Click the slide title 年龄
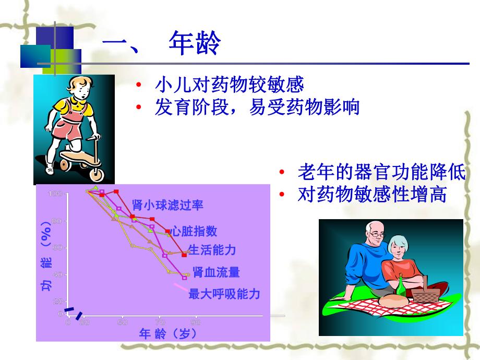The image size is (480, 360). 194,43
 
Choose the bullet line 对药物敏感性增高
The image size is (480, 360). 372,195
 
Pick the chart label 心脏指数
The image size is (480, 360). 194,231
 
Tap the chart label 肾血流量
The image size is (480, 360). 216,272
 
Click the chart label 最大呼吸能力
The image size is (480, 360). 224,294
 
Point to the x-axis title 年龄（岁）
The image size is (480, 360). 169,334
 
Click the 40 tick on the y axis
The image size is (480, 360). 56,274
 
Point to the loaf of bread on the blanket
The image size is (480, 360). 391,302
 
